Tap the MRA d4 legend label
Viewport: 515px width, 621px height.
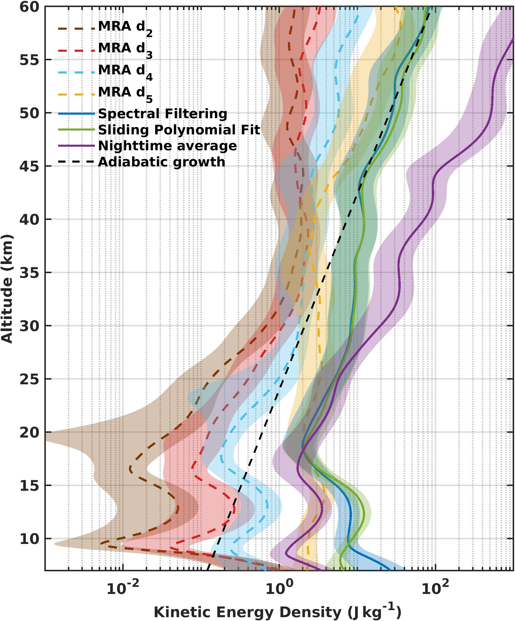click(125, 71)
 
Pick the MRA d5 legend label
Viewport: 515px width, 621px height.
click(125, 93)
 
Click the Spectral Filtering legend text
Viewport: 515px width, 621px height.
click(162, 114)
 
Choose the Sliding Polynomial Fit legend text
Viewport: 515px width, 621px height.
click(179, 130)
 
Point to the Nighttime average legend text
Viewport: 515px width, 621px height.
click(167, 146)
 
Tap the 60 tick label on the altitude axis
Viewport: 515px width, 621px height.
click(29, 7)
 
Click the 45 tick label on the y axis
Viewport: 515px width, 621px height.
click(29, 166)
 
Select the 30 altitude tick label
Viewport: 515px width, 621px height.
click(29, 326)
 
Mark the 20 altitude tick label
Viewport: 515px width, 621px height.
click(29, 433)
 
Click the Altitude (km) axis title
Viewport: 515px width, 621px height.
click(7, 289)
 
